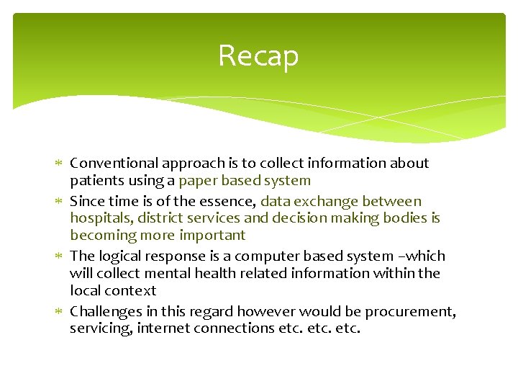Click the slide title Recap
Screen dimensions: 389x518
tap(258, 55)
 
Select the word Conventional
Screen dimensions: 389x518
tap(114, 164)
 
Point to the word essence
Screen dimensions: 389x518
tap(229, 202)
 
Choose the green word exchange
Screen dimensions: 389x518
tap(327, 202)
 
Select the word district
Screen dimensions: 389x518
tap(160, 218)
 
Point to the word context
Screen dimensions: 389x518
tap(129, 291)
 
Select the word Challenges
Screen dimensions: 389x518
tap(106, 312)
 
